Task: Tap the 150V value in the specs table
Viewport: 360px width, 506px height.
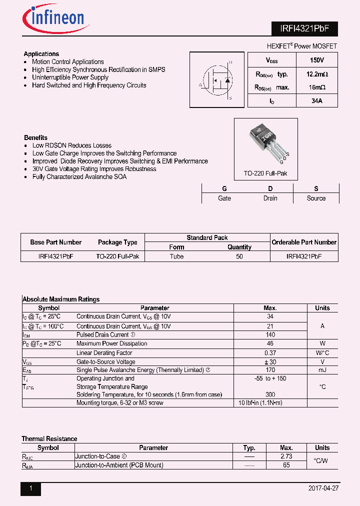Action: [316, 60]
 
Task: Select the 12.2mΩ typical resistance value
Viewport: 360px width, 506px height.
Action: [316, 74]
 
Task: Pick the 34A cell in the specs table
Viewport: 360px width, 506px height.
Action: [316, 101]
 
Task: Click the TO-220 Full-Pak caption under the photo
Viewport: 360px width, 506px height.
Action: [265, 173]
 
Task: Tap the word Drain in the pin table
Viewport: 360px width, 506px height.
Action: [270, 198]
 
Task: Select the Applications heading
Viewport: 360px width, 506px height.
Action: [41, 54]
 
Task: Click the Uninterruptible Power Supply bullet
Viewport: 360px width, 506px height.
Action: [70, 77]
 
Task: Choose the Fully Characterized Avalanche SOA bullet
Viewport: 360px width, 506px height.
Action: [79, 177]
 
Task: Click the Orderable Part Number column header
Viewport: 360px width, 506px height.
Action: [304, 242]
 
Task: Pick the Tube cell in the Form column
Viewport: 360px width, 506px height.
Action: [176, 256]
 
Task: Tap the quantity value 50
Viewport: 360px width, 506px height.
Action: [239, 256]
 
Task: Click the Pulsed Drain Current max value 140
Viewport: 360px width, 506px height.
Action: [270, 335]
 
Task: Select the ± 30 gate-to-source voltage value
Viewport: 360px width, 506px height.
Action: [270, 362]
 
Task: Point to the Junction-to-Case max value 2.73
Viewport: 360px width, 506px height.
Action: [286, 456]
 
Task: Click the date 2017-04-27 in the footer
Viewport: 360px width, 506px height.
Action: [324, 488]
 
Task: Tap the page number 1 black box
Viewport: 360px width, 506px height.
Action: [30, 488]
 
